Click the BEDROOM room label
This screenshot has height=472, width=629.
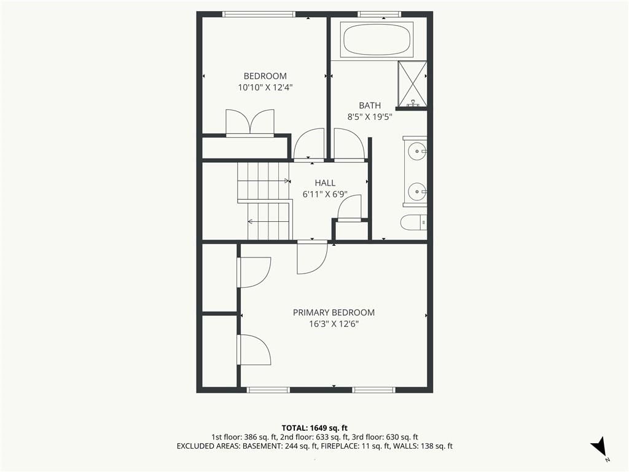(265, 76)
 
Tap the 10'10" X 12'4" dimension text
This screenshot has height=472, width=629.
(265, 87)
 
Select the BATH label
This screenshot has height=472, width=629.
(370, 106)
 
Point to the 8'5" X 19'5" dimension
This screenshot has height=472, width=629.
(369, 117)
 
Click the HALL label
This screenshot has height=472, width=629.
(325, 183)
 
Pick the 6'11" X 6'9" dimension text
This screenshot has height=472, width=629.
(325, 195)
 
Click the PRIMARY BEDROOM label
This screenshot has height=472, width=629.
(334, 312)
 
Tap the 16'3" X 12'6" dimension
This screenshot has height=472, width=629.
(334, 324)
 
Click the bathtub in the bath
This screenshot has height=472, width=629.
(377, 40)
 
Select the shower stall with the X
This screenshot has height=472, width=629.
(412, 84)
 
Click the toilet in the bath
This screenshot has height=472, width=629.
(413, 222)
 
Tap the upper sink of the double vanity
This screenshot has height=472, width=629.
(417, 151)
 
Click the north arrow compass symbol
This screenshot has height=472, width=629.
(599, 447)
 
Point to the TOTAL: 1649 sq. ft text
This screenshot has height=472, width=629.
(314, 428)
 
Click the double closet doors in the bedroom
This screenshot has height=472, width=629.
(251, 122)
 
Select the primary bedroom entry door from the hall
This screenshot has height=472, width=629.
(312, 258)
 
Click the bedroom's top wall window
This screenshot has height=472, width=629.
(259, 14)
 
